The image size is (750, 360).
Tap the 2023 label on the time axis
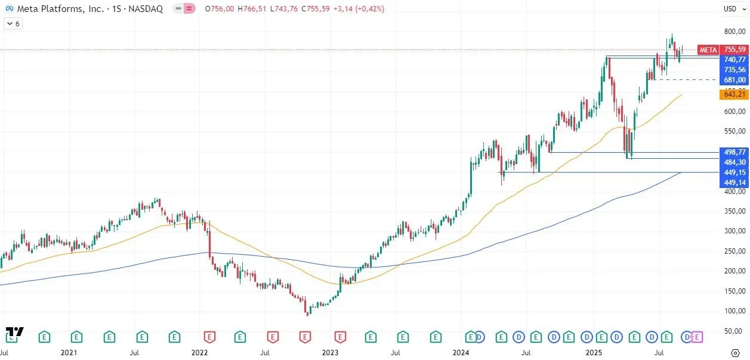coord(330,353)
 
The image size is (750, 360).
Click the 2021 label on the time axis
coord(69,353)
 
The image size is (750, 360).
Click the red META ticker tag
coord(708,50)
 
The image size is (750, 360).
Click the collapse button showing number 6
coord(13,24)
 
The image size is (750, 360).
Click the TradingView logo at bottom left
coord(15,332)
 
